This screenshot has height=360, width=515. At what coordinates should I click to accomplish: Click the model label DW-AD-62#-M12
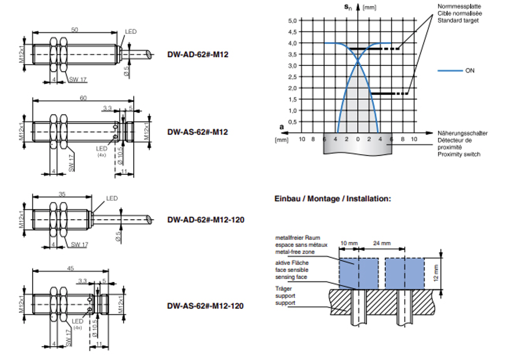pos(198,54)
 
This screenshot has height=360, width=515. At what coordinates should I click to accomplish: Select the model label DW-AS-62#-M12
pos(198,132)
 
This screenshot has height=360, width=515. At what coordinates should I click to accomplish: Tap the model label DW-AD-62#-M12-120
pos(206,220)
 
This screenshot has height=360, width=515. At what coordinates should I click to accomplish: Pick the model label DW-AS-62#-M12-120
pos(205,306)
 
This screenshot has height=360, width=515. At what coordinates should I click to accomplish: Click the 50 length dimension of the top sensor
pos(75,30)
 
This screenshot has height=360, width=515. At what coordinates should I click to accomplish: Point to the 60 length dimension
pos(83,98)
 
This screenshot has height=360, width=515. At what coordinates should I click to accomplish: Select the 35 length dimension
pos(62,194)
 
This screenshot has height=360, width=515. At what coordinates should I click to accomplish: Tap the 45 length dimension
pos(70,268)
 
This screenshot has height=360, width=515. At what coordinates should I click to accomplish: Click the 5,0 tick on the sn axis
pos(292,21)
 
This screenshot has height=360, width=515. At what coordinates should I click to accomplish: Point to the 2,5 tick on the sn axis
pos(292,77)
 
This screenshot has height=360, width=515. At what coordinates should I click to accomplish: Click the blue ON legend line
pos(450,70)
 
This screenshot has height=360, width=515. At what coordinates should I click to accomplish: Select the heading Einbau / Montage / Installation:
pos(333,199)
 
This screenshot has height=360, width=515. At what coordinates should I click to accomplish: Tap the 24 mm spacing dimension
pos(382,243)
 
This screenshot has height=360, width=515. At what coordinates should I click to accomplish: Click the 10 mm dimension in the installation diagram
pos(349,243)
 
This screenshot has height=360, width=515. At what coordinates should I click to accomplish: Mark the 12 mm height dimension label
pos(436,273)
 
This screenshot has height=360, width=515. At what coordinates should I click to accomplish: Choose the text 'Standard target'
pos(458,20)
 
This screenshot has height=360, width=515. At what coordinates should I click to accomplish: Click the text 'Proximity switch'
pos(459,154)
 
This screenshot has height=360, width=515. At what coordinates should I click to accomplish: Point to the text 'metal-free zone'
pos(295,252)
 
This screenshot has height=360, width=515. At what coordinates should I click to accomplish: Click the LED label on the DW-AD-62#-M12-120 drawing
pos(112,198)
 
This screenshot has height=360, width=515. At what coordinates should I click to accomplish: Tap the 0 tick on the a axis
pos(358,139)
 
